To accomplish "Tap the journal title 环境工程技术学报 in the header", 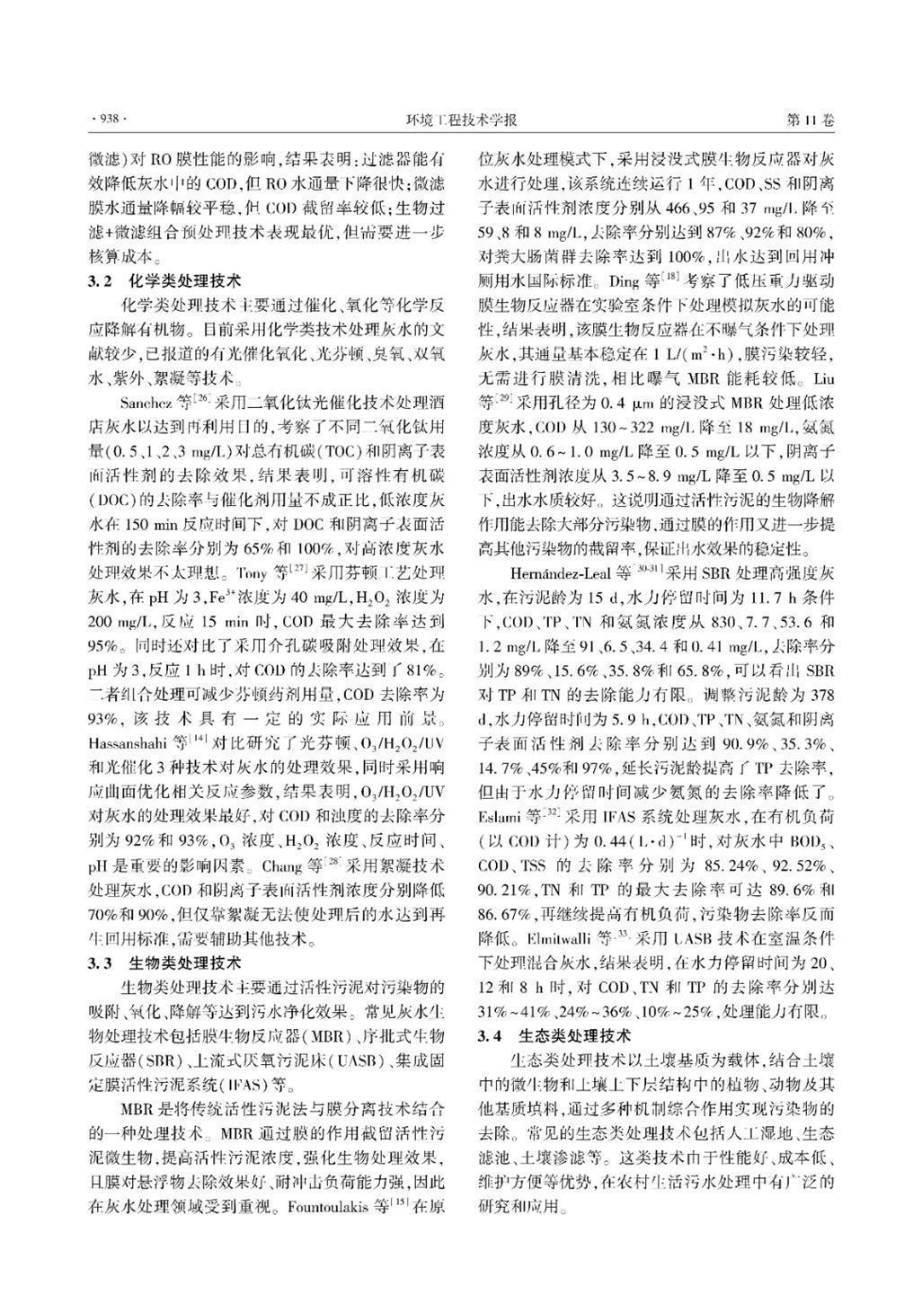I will pyautogui.click(x=461, y=120).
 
